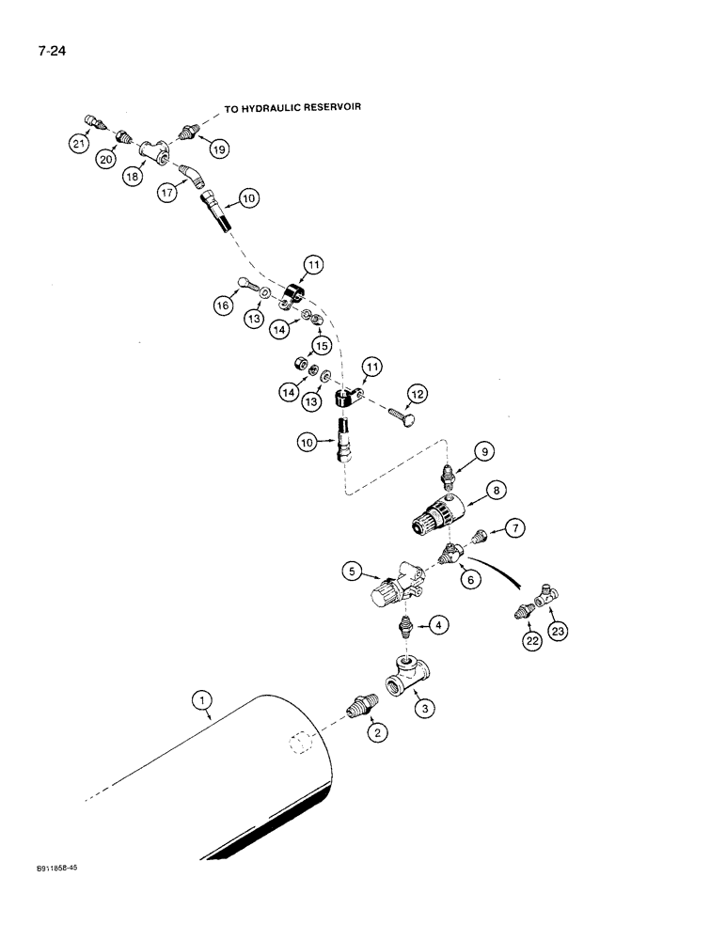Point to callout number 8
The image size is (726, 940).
pyautogui.click(x=496, y=489)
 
